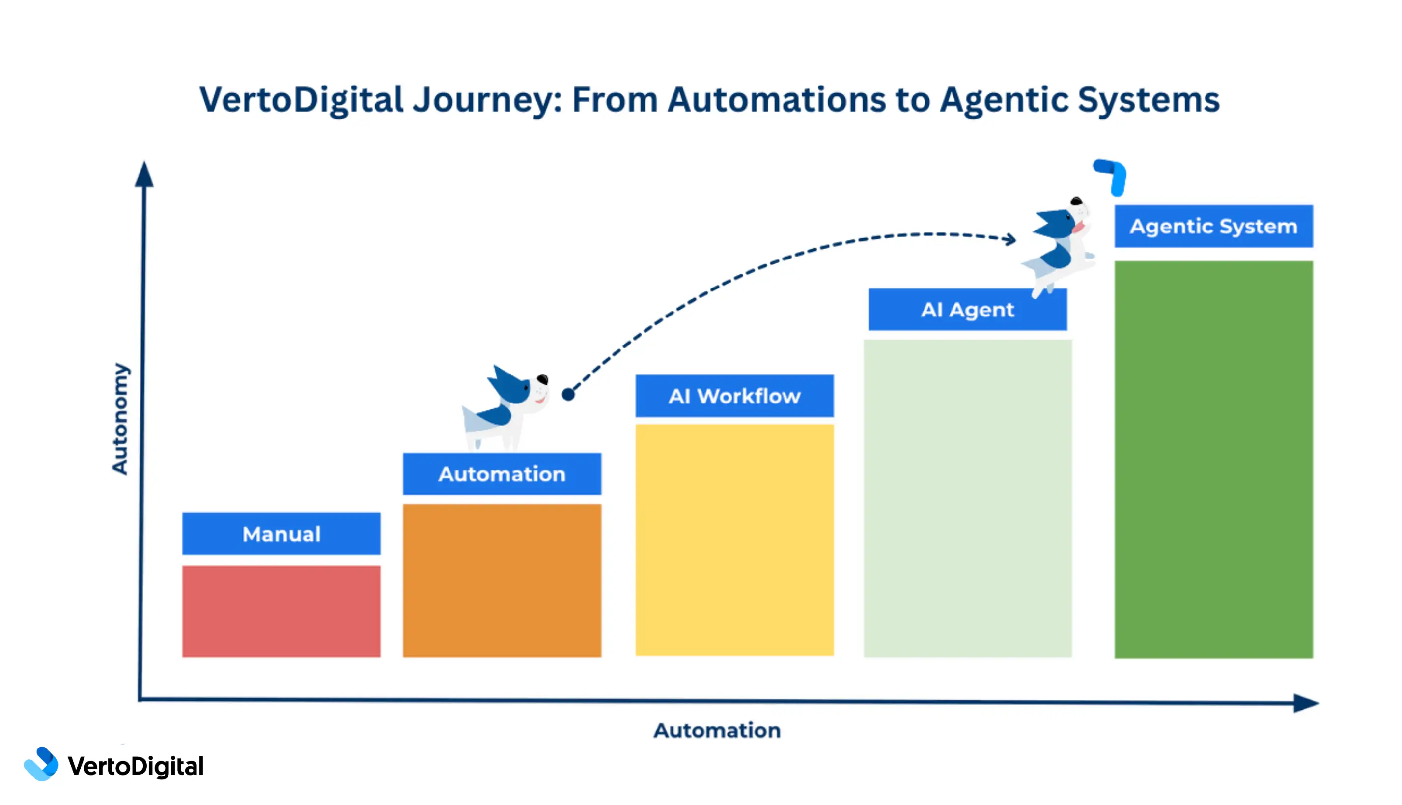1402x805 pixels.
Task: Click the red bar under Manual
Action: [281, 611]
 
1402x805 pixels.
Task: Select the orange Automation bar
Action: [502, 580]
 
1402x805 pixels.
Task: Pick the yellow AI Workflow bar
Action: [734, 540]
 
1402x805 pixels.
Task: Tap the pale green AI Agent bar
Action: [968, 497]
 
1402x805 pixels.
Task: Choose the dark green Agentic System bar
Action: [1213, 459]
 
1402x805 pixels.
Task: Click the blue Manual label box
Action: [281, 534]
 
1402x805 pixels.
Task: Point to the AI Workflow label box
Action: [734, 396]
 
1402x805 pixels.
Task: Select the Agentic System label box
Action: [1213, 226]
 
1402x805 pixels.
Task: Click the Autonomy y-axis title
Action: [120, 419]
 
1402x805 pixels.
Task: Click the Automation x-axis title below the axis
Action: [717, 730]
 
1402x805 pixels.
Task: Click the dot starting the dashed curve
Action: [568, 394]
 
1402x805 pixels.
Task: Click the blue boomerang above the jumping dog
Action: [1112, 176]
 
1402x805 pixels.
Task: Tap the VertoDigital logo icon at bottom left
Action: [41, 764]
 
